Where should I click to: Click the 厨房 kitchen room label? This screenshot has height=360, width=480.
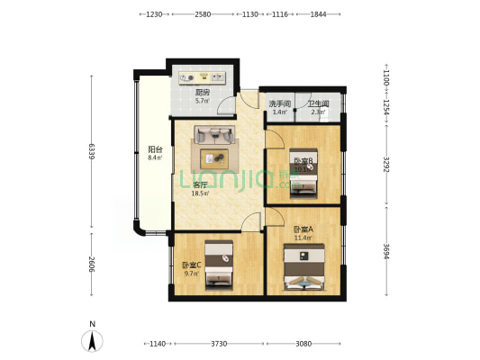[x=203, y=92]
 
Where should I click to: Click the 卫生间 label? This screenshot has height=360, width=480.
[x=318, y=104]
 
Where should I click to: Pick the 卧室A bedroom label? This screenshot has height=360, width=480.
[x=303, y=230]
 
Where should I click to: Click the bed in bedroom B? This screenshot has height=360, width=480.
[x=303, y=180]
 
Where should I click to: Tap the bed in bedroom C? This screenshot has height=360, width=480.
[x=218, y=264]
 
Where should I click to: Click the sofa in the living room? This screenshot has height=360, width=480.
[x=214, y=137]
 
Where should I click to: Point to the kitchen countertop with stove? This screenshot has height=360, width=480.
[x=205, y=76]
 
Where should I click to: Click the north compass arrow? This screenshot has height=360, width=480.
[x=93, y=340]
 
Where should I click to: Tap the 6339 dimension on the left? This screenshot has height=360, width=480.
[x=91, y=154]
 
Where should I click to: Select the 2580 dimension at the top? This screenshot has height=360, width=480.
[x=203, y=14]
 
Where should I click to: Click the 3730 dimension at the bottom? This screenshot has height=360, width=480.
[x=218, y=343]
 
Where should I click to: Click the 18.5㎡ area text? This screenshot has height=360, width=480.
[x=200, y=193]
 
